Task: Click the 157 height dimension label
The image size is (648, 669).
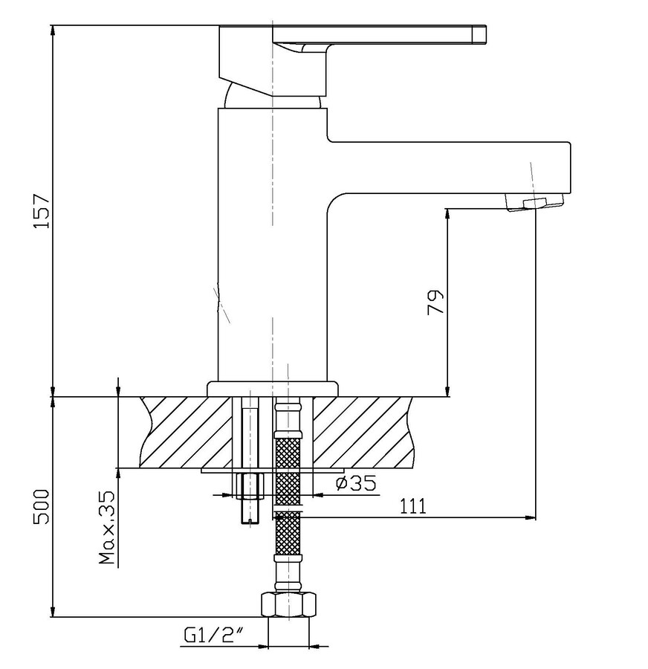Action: click(42, 211)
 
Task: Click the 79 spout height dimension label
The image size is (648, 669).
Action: click(435, 302)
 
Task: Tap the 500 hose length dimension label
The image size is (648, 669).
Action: click(42, 507)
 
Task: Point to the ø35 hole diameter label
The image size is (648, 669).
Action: click(357, 483)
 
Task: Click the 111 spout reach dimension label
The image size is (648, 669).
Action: click(413, 506)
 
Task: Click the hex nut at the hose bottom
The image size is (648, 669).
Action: click(288, 604)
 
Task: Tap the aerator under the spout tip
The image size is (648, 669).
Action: click(534, 201)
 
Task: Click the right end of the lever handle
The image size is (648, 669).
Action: click(486, 34)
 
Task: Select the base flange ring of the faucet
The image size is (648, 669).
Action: click(273, 389)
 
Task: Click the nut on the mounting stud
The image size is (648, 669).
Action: click(250, 485)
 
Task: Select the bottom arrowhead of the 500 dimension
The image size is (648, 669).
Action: click(53, 612)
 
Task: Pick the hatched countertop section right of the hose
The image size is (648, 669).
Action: click(363, 432)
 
